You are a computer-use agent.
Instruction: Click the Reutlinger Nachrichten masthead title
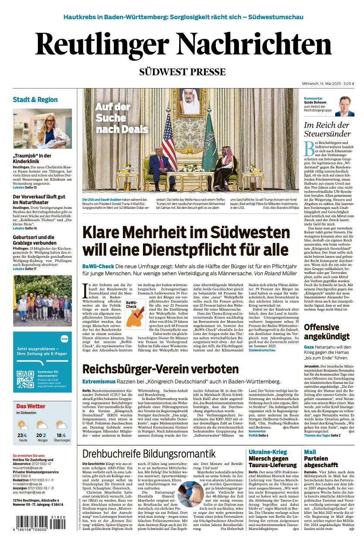(183, 46)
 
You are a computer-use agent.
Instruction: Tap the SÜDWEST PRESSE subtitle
(182, 72)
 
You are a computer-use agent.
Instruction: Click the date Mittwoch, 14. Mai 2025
(322, 83)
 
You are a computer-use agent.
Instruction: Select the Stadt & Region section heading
(35, 99)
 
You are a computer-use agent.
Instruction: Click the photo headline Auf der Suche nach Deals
(113, 118)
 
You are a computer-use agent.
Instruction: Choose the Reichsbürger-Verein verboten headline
(160, 369)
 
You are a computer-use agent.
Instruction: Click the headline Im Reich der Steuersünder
(327, 129)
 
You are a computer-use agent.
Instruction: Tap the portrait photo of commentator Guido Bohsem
(344, 106)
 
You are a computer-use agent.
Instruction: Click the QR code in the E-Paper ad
(25, 379)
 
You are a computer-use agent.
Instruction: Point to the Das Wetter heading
(31, 407)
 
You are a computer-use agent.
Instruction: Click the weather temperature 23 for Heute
(20, 435)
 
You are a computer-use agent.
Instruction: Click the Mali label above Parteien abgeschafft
(310, 451)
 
